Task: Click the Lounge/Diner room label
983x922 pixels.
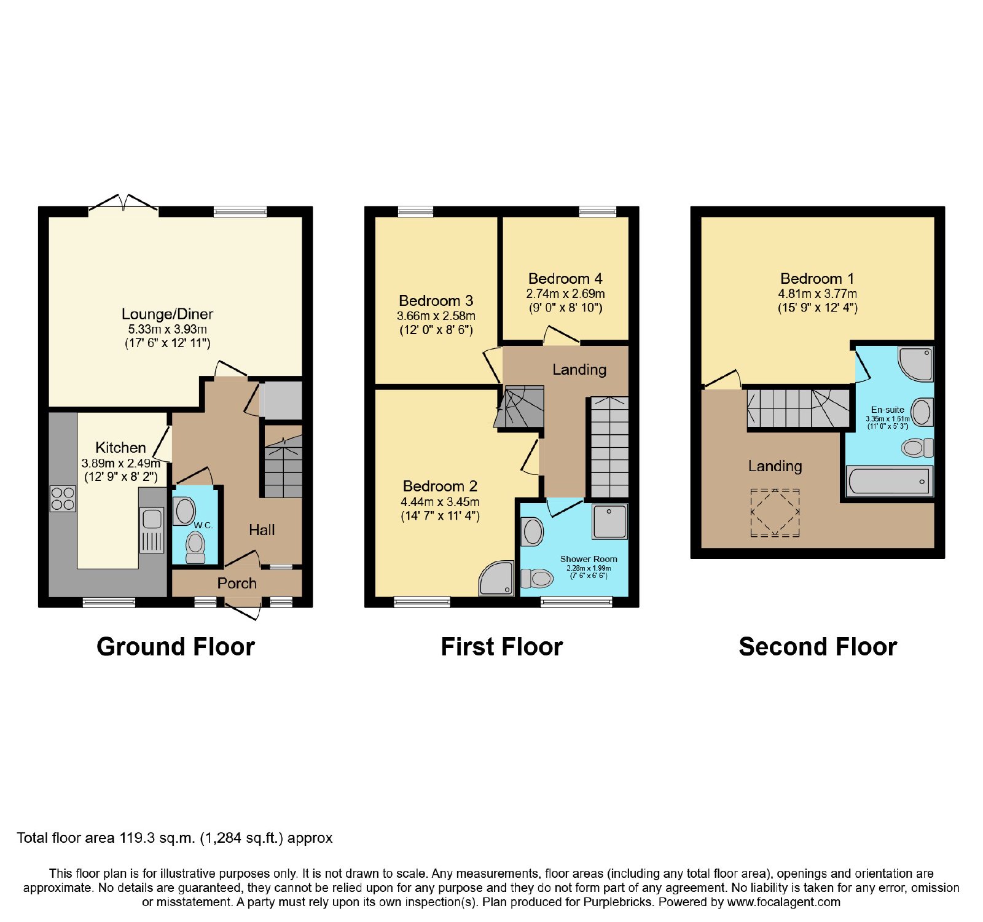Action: pyautogui.click(x=167, y=314)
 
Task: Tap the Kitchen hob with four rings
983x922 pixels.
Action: pyautogui.click(x=63, y=499)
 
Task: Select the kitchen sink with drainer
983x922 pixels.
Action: pyautogui.click(x=152, y=530)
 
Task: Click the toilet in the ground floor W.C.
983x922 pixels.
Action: pyautogui.click(x=195, y=547)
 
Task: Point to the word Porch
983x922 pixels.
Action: pyautogui.click(x=237, y=583)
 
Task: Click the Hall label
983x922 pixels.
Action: pyautogui.click(x=262, y=529)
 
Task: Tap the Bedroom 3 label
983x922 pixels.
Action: pyautogui.click(x=436, y=300)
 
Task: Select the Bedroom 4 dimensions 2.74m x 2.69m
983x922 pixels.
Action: pyautogui.click(x=565, y=294)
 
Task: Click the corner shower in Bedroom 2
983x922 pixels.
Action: pyautogui.click(x=496, y=578)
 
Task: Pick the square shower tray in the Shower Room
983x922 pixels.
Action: pyautogui.click(x=610, y=522)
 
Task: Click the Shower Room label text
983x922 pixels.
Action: pyautogui.click(x=589, y=559)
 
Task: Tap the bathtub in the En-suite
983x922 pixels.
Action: pyautogui.click(x=890, y=481)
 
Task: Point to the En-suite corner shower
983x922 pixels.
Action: pyautogui.click(x=916, y=364)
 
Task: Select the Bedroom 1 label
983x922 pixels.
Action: pyautogui.click(x=817, y=278)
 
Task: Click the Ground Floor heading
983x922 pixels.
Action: pyautogui.click(x=176, y=647)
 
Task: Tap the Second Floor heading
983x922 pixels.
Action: pyautogui.click(x=818, y=647)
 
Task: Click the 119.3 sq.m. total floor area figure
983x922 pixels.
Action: pyautogui.click(x=157, y=838)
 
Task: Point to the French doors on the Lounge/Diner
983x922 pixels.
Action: pyautogui.click(x=123, y=205)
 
